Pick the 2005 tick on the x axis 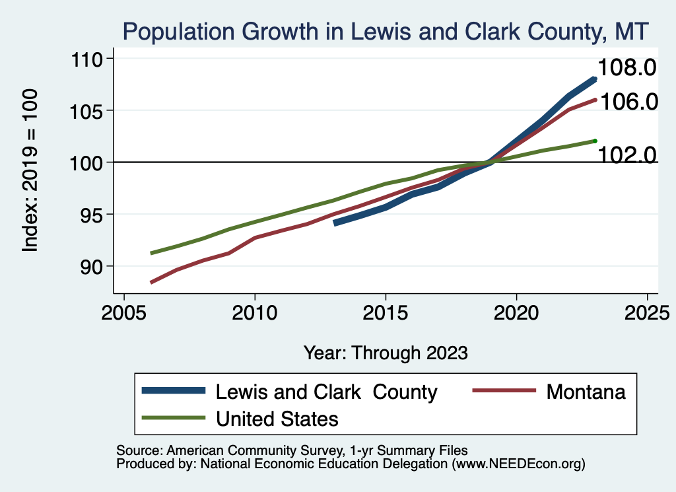point(123,312)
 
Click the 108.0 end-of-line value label point(627,68)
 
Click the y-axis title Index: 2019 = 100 point(30,170)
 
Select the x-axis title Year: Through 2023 point(386,353)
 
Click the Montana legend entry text point(586,392)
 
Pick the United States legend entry point(277,419)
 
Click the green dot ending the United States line point(595,141)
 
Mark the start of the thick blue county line point(335,223)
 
